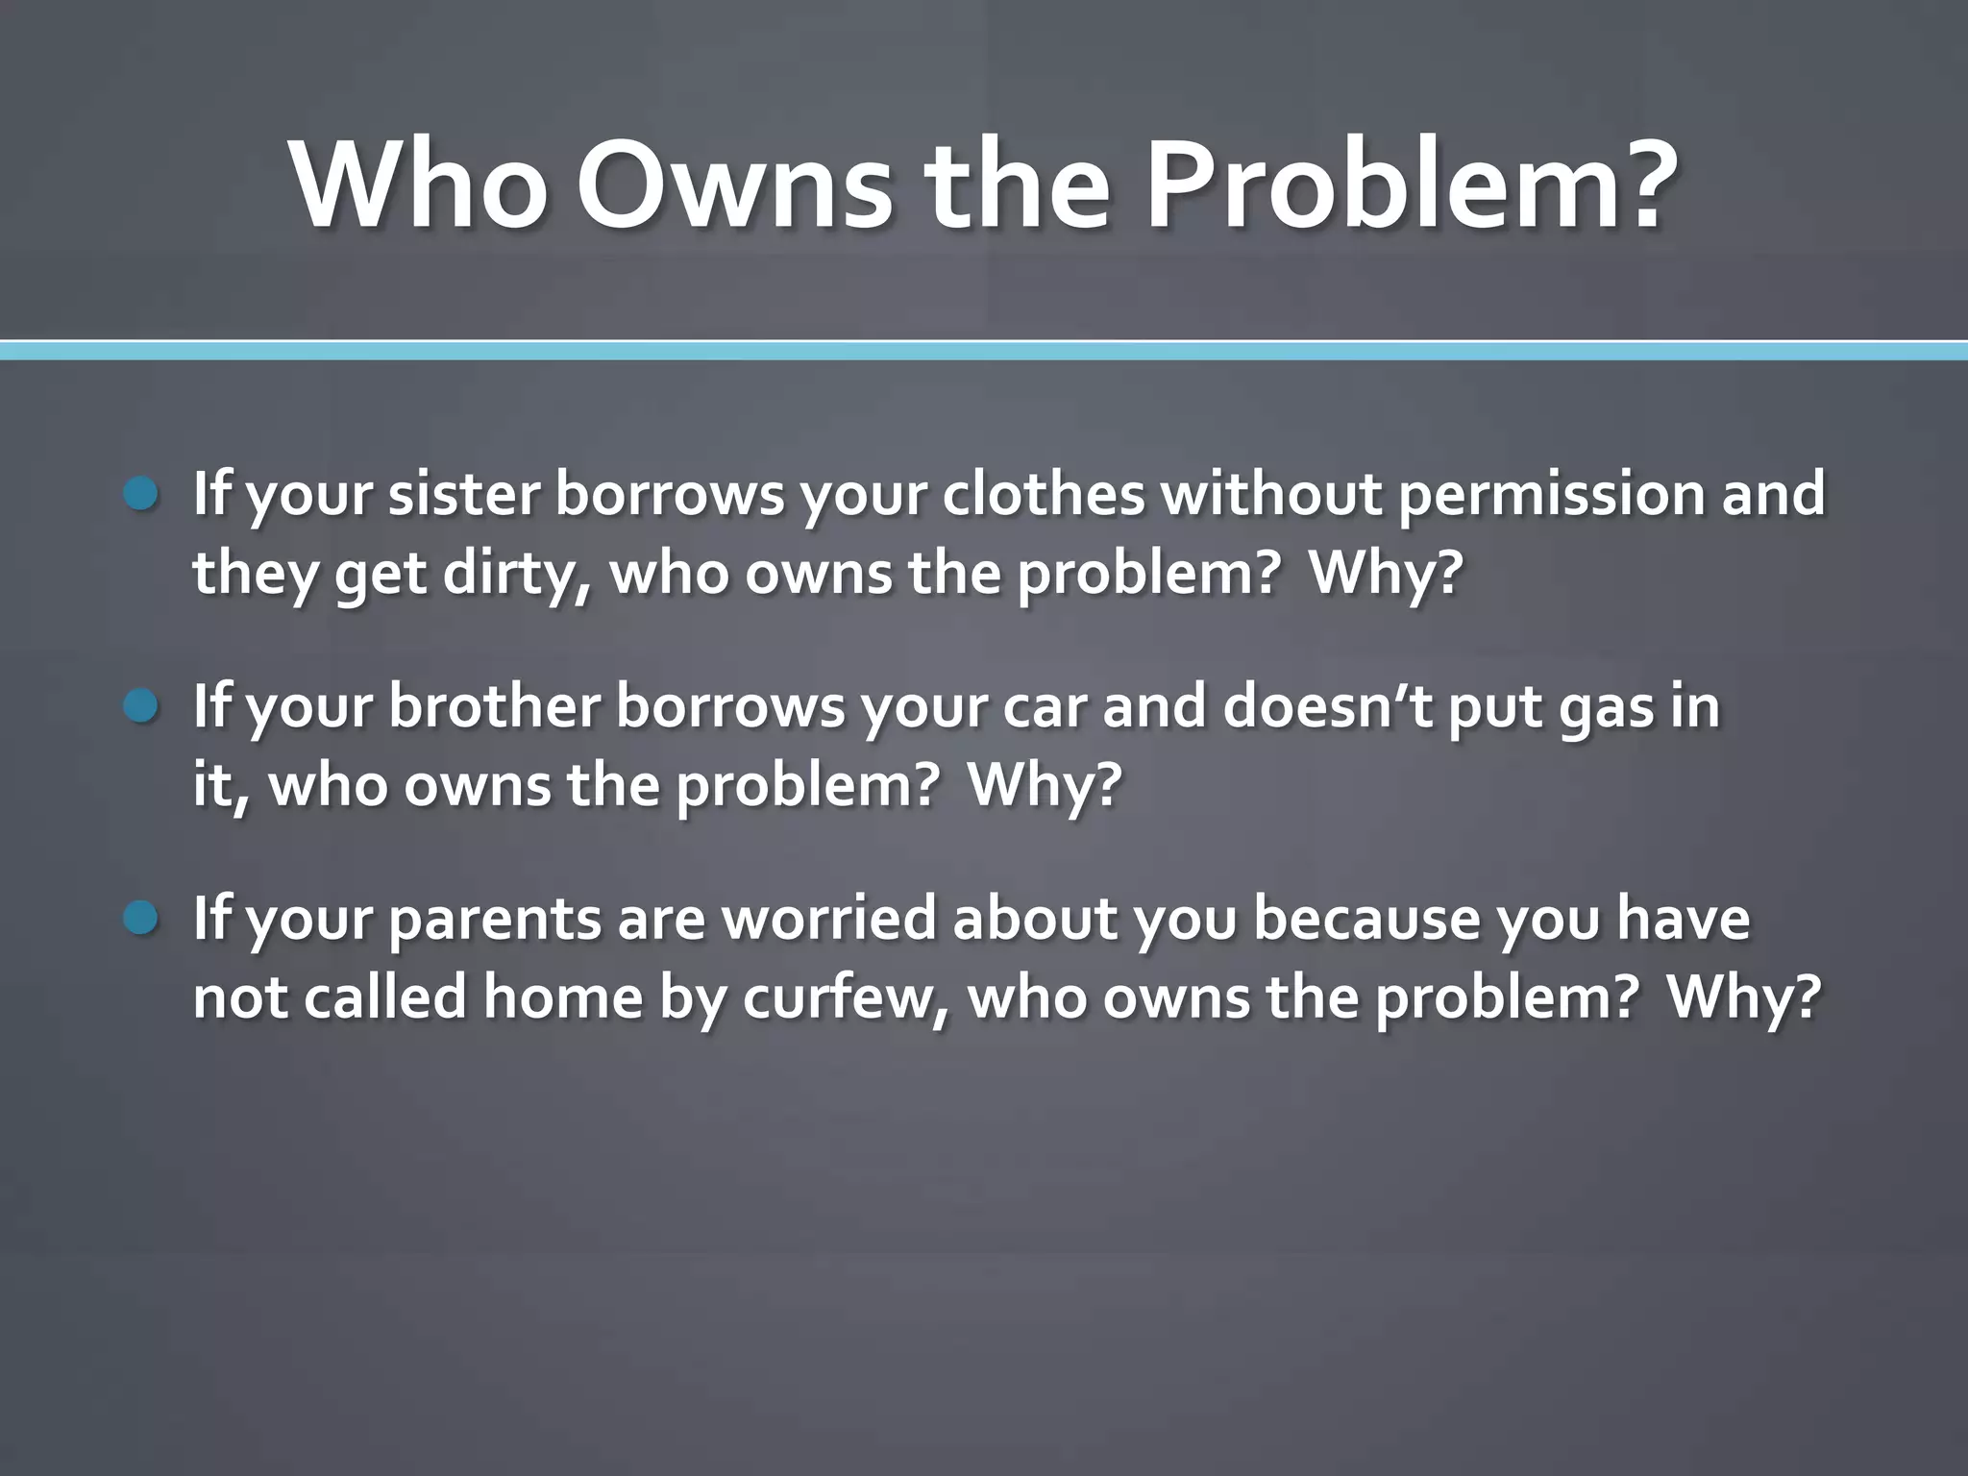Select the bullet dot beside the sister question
tap(141, 495)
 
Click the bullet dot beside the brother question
tap(141, 708)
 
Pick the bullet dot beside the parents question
tap(141, 920)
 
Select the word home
tap(562, 999)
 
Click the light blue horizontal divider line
tap(984, 351)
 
